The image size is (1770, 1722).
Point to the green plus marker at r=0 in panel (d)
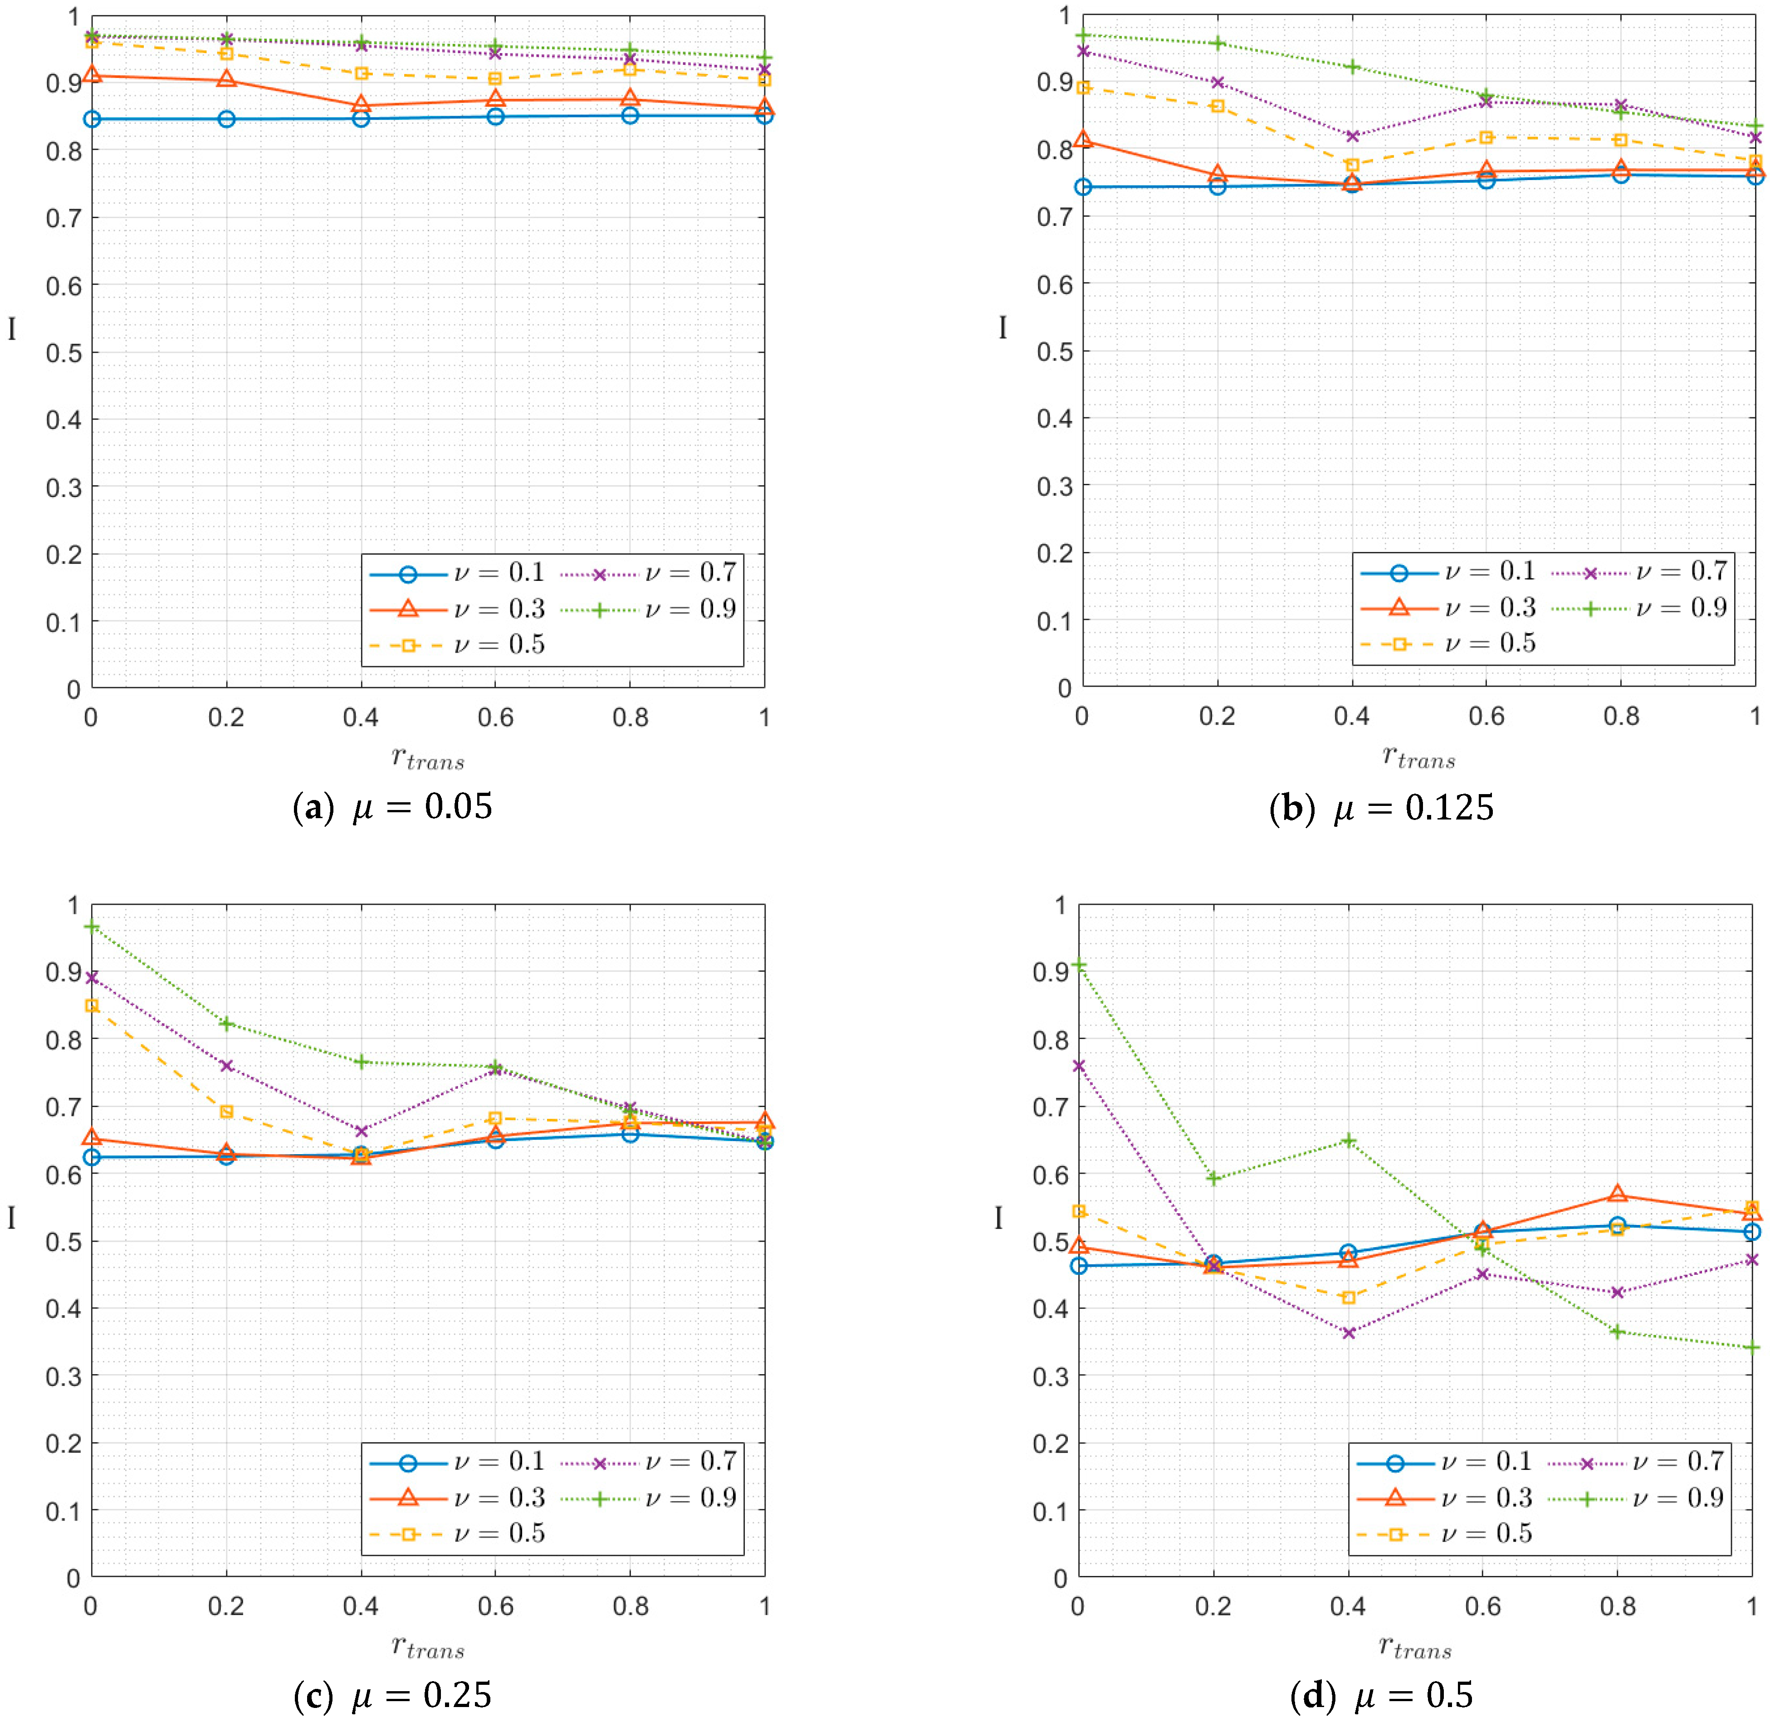1078,965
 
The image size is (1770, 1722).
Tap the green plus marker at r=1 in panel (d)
1752,1347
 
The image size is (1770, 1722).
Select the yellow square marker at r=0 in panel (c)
91,1006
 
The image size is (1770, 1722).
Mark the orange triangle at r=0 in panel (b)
1083,140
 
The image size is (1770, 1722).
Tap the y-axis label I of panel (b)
1002,327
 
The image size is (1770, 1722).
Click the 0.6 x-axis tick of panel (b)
1486,716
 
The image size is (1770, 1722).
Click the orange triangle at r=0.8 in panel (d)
1617,1195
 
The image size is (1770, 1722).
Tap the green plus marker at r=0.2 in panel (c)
226,1024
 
